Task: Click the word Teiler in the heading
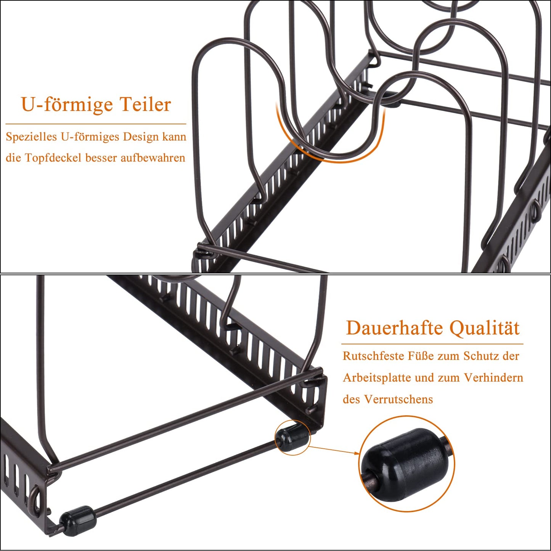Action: tap(145, 104)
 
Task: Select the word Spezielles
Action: tap(31, 137)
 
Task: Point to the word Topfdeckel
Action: tap(54, 158)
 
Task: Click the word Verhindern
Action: tap(493, 378)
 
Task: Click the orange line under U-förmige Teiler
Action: tap(96, 124)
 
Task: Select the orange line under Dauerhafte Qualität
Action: tap(432, 344)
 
